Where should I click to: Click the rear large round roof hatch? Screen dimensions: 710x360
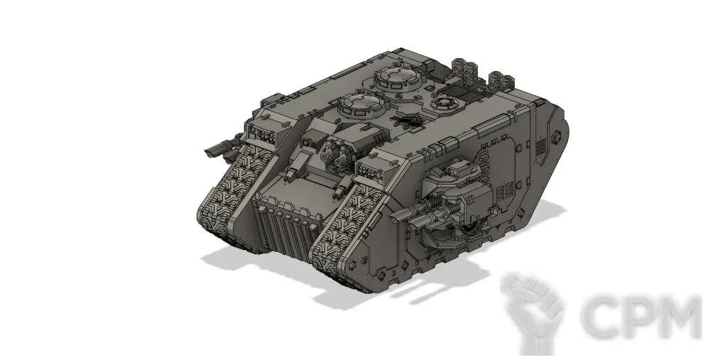click(398, 78)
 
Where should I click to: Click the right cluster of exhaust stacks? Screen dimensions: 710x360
click(503, 80)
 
